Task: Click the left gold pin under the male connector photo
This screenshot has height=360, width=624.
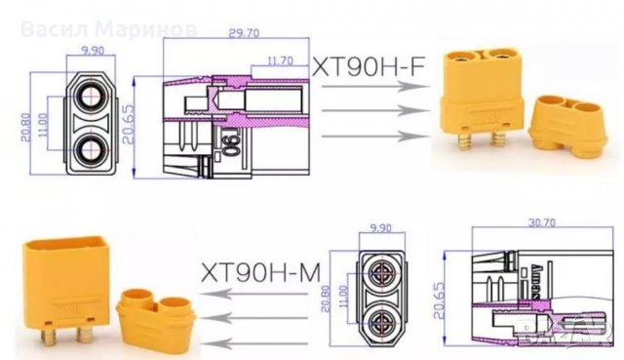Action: (47, 338)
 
